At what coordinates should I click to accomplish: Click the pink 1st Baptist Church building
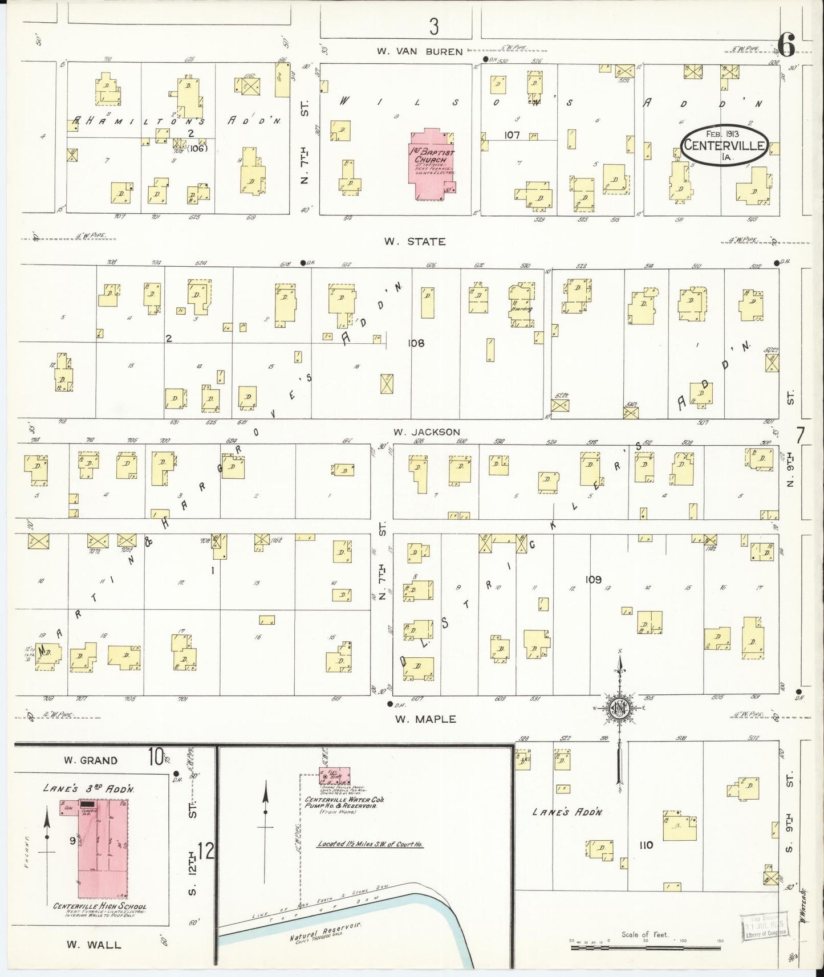click(x=432, y=165)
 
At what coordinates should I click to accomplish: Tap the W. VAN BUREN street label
click(x=419, y=51)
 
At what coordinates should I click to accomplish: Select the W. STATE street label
click(x=414, y=242)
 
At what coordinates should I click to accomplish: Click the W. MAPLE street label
click(x=425, y=719)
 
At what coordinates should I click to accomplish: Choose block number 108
click(x=416, y=343)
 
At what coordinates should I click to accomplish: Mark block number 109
click(x=593, y=580)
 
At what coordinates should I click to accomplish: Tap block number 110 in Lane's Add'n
click(x=646, y=845)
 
